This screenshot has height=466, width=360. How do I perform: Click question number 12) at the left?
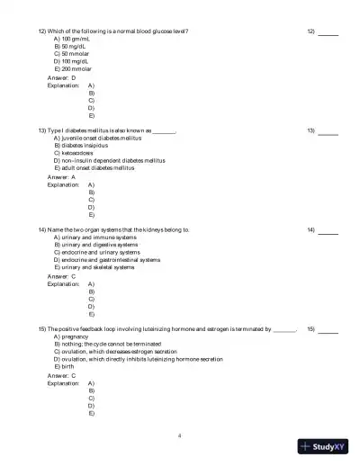[x=41, y=31]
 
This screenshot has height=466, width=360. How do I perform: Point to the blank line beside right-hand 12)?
[x=328, y=32]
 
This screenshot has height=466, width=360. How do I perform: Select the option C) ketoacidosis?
[x=76, y=153]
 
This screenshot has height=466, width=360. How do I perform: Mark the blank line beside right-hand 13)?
[x=328, y=132]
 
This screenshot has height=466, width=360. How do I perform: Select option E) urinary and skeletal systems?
[x=94, y=267]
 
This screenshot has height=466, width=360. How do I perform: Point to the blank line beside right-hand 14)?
[x=328, y=231]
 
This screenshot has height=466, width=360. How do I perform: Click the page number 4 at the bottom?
[x=180, y=435]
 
